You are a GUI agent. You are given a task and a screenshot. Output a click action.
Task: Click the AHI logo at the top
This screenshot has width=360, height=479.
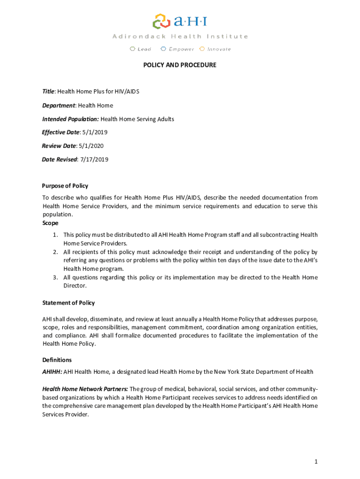(x=180, y=22)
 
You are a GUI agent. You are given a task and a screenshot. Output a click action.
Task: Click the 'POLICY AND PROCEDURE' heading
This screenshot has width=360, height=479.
(x=180, y=65)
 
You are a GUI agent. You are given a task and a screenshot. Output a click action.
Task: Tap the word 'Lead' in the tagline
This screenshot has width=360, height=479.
(x=144, y=49)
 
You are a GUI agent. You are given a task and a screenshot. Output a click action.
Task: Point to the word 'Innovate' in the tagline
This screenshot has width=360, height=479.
(x=219, y=49)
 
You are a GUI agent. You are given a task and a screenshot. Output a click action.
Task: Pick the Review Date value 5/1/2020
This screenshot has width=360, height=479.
(x=91, y=146)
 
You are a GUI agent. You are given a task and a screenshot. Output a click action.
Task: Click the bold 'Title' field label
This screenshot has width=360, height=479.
(x=48, y=92)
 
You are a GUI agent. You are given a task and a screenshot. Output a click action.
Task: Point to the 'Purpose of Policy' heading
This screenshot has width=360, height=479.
(x=65, y=186)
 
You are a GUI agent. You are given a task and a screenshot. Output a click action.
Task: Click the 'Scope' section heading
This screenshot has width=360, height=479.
(x=50, y=223)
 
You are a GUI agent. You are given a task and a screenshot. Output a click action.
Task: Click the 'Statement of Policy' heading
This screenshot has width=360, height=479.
(x=68, y=303)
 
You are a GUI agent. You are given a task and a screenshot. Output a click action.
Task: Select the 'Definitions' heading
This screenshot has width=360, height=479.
(x=57, y=360)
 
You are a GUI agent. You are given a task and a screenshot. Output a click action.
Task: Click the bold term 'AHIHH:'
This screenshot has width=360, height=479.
(x=52, y=372)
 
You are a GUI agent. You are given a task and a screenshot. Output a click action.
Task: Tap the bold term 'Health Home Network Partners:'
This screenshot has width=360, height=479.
(x=85, y=389)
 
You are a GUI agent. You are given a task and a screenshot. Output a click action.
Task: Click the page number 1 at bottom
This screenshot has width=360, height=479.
(x=316, y=462)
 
